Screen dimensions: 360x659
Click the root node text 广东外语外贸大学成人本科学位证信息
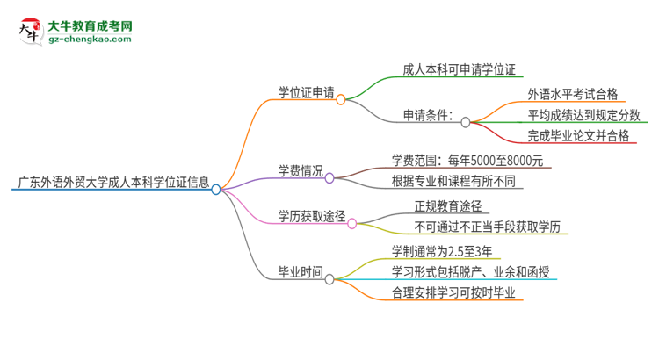point(112,184)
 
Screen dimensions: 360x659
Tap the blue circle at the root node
point(216,189)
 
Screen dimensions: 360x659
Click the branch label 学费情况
point(301,170)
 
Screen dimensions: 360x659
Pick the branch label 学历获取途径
point(311,215)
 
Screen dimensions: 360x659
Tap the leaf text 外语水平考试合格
point(572,93)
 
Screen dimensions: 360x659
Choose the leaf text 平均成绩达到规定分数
point(584,115)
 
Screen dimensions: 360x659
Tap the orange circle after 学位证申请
point(341,99)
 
